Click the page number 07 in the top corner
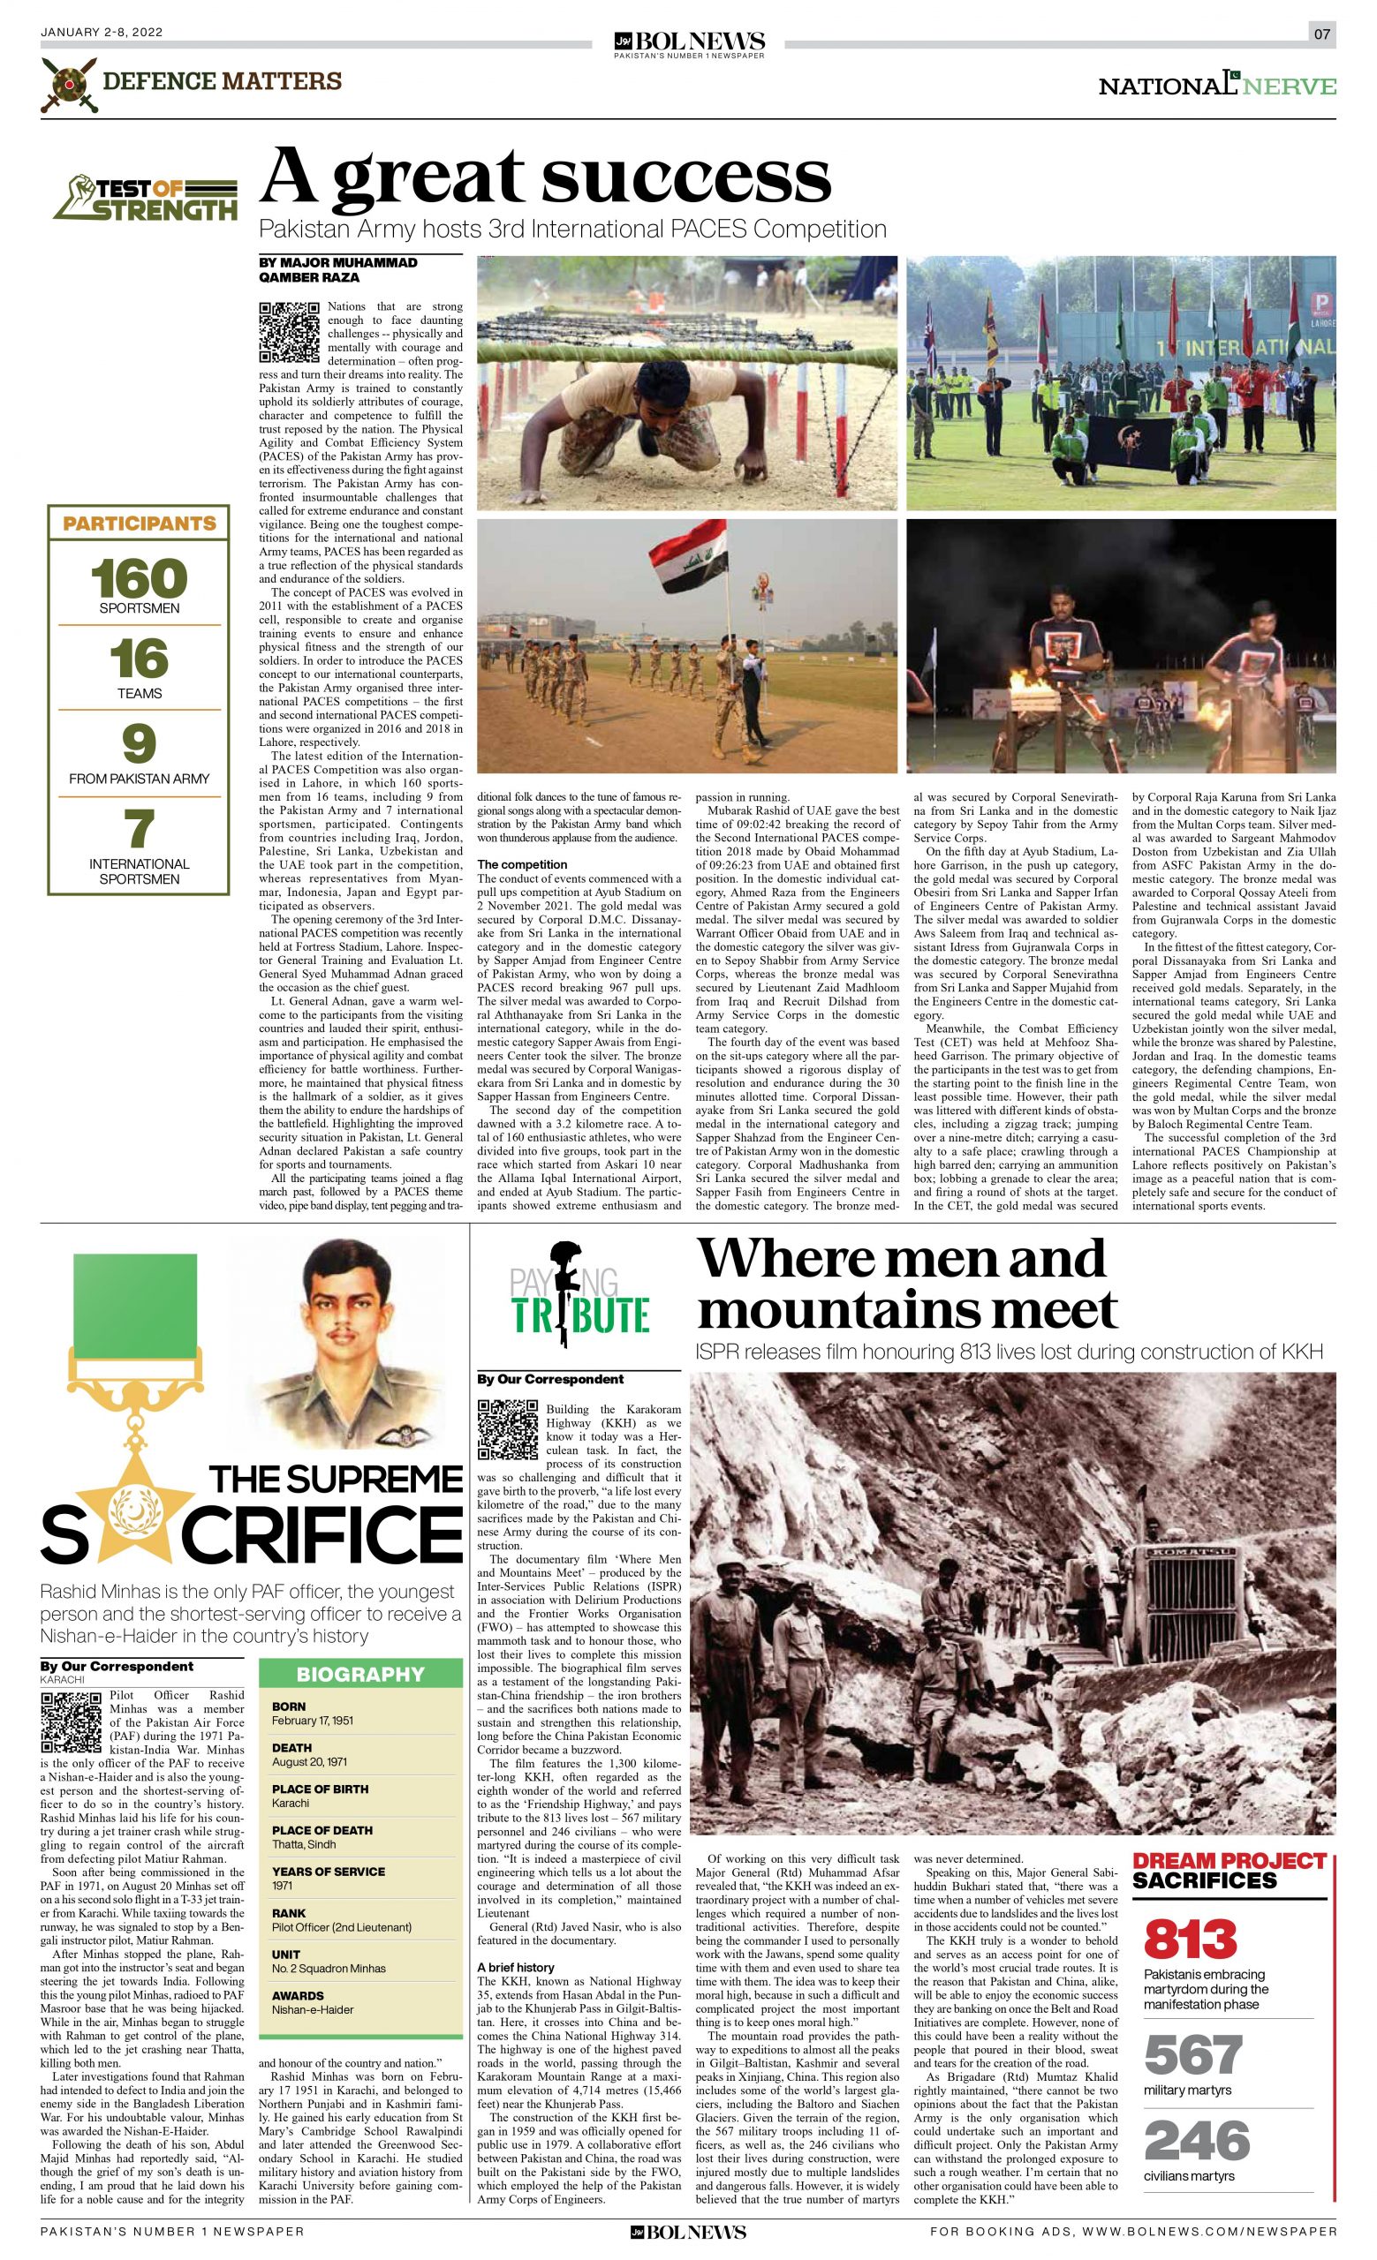click(1322, 34)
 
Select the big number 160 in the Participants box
click(139, 578)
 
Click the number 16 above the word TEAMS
click(139, 659)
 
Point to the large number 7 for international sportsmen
click(139, 830)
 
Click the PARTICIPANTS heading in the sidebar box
click(139, 524)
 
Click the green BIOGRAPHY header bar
click(359, 1674)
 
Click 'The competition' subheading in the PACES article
click(522, 864)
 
